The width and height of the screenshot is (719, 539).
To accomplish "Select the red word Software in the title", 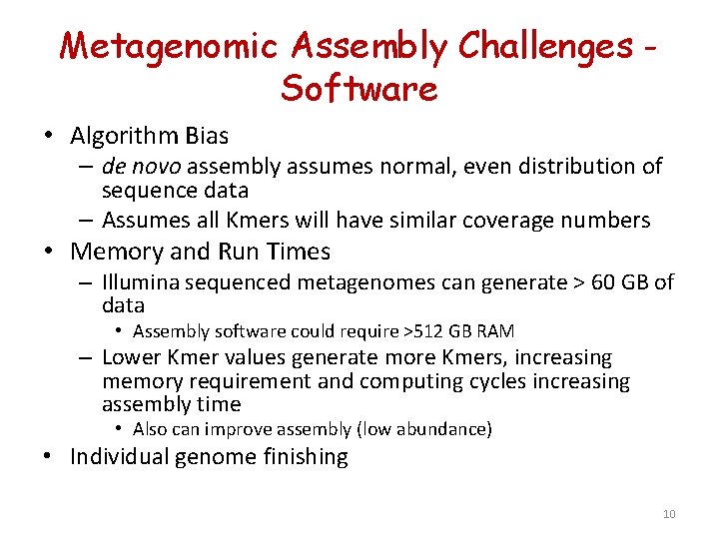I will pyautogui.click(x=359, y=89).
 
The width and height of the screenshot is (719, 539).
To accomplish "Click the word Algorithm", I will pyautogui.click(x=125, y=135).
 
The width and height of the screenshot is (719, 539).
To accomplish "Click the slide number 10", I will pyautogui.click(x=668, y=514).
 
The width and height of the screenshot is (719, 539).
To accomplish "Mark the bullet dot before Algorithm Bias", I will pyautogui.click(x=48, y=136).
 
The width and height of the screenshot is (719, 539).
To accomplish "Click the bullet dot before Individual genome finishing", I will pyautogui.click(x=48, y=458).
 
